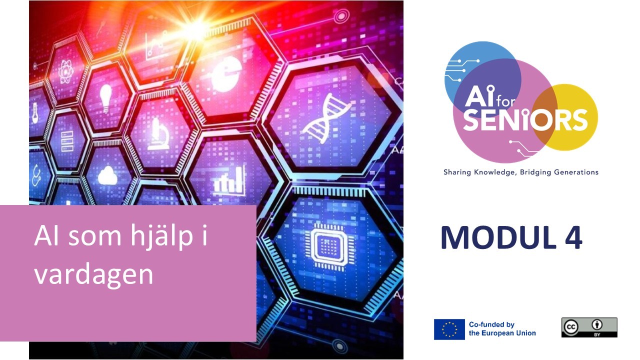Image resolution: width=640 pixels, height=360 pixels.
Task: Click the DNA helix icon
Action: click(x=327, y=118)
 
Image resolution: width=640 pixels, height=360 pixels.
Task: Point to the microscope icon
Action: click(x=158, y=134)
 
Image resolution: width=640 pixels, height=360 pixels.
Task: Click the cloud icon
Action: click(x=107, y=175)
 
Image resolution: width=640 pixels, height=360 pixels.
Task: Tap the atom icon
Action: click(x=66, y=71)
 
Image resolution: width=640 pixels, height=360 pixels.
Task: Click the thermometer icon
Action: click(x=35, y=113)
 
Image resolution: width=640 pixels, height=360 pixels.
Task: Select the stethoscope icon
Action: click(x=36, y=175)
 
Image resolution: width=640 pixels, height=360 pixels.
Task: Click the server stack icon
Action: click(x=67, y=141)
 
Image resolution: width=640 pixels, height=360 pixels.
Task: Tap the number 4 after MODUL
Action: click(x=573, y=237)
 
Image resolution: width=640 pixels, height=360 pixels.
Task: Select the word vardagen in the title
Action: click(x=93, y=275)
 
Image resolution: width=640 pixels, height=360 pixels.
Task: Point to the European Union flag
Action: click(x=449, y=329)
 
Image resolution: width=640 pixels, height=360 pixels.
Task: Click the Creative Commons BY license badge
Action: click(x=589, y=327)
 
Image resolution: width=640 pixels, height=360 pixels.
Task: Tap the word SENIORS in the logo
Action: click(x=525, y=120)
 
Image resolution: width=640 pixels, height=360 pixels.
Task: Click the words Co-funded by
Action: click(x=491, y=324)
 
